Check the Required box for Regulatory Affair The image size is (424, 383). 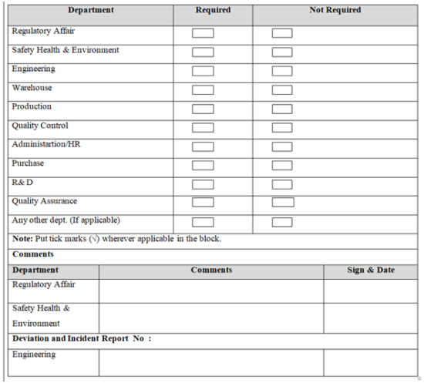click(203, 33)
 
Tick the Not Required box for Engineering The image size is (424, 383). click(282, 71)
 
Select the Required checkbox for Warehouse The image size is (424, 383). click(203, 90)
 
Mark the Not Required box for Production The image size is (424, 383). click(282, 109)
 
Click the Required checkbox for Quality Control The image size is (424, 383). click(203, 128)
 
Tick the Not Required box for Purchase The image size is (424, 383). click(282, 166)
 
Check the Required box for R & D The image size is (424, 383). click(203, 184)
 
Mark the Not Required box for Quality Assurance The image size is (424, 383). click(283, 203)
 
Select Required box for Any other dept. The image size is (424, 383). click(203, 222)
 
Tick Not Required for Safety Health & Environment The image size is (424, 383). click(282, 52)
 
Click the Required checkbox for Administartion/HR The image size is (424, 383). click(203, 146)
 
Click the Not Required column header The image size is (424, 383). click(335, 11)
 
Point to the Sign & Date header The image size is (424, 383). click(370, 270)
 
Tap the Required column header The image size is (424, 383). click(213, 11)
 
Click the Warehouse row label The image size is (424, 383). click(32, 88)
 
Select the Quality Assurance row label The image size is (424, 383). click(44, 201)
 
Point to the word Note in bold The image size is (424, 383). click(22, 239)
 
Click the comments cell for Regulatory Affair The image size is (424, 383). click(211, 291)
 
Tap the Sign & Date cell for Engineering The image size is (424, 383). click(370, 361)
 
